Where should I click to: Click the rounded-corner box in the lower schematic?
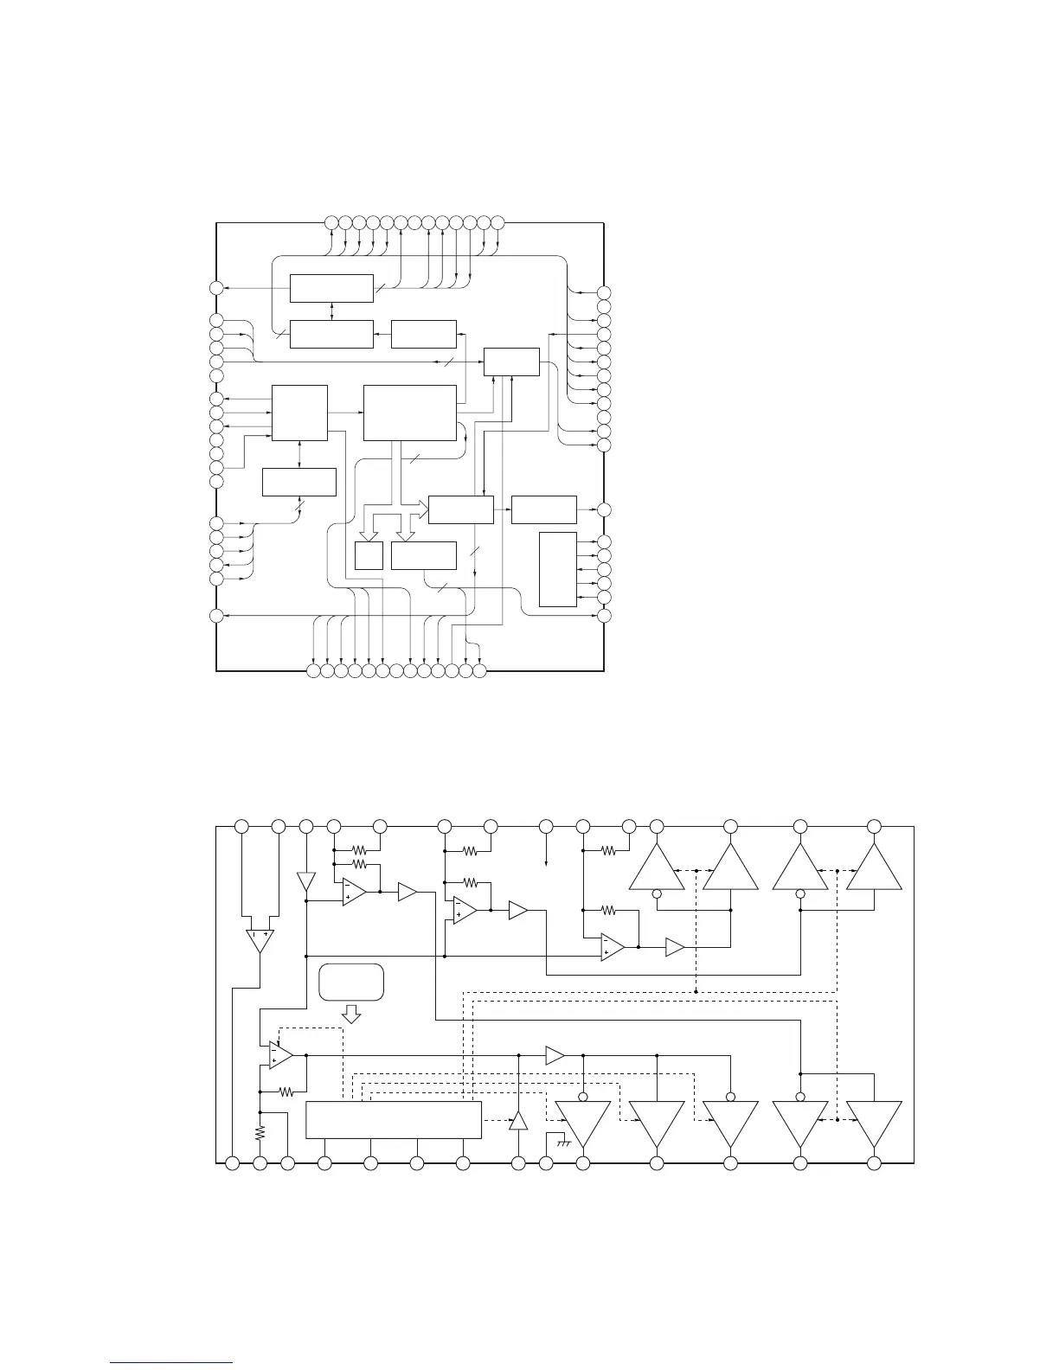(x=351, y=982)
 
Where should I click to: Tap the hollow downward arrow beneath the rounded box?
(x=351, y=1014)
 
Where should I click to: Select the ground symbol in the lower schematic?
(x=563, y=1143)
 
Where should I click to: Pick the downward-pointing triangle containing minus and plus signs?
(x=259, y=940)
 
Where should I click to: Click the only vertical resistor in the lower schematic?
(x=260, y=1132)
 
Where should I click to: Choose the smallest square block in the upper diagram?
(x=369, y=555)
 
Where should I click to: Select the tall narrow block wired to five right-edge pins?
(x=557, y=570)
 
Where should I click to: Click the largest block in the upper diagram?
(x=410, y=413)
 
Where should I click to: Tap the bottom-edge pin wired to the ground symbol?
(x=546, y=1164)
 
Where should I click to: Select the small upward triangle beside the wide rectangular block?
(x=518, y=1120)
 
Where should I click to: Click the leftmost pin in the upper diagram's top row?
(x=331, y=224)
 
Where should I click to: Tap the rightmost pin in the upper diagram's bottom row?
(x=480, y=670)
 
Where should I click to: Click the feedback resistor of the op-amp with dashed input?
(x=287, y=1092)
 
